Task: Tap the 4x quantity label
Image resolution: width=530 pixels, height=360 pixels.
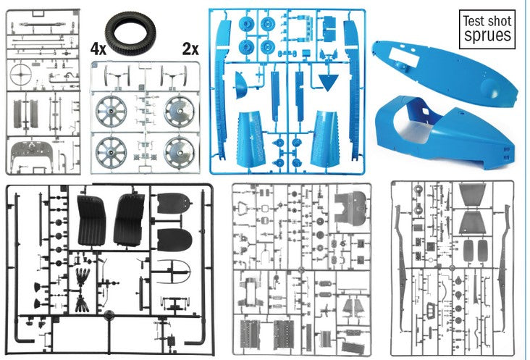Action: coord(98,51)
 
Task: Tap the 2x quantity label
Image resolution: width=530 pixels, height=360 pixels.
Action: coord(190,51)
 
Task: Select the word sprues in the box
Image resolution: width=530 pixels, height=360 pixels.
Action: coord(487,35)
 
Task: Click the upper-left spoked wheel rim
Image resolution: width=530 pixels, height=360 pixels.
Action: coord(112,109)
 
